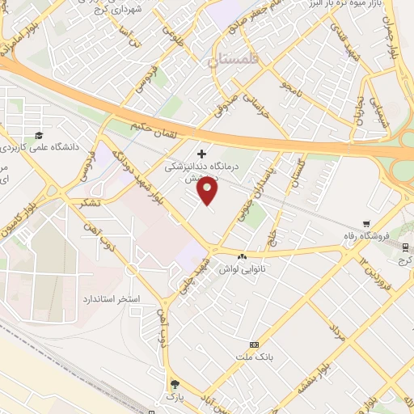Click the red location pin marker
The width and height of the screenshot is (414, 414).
[x=209, y=191]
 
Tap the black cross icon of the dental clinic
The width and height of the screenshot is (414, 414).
[x=201, y=153]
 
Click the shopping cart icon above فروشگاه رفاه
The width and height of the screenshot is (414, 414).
[x=366, y=224]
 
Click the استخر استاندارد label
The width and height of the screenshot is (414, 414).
[x=112, y=298]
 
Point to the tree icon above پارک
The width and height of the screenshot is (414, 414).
[x=175, y=384]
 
